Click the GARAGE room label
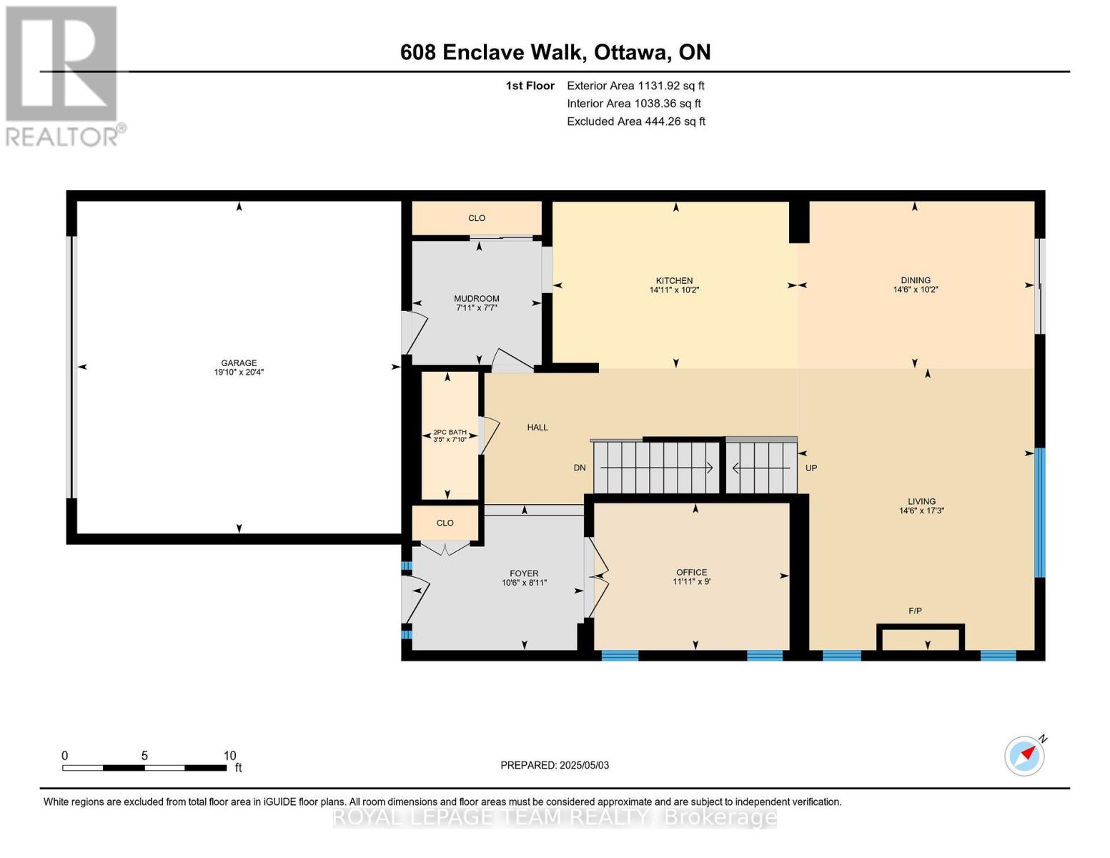(238, 363)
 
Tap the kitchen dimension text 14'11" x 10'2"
(674, 290)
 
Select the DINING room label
(915, 280)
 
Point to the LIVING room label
(921, 502)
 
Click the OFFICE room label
(691, 573)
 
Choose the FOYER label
(524, 573)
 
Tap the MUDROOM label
(476, 299)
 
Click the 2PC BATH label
(450, 433)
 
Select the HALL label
(537, 428)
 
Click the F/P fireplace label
(915, 611)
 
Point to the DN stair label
(580, 468)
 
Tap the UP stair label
(811, 468)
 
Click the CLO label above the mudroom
(477, 218)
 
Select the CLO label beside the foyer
(445, 523)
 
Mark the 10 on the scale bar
(229, 756)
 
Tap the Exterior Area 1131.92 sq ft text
(635, 86)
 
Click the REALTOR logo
(63, 76)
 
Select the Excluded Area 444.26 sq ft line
(636, 122)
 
